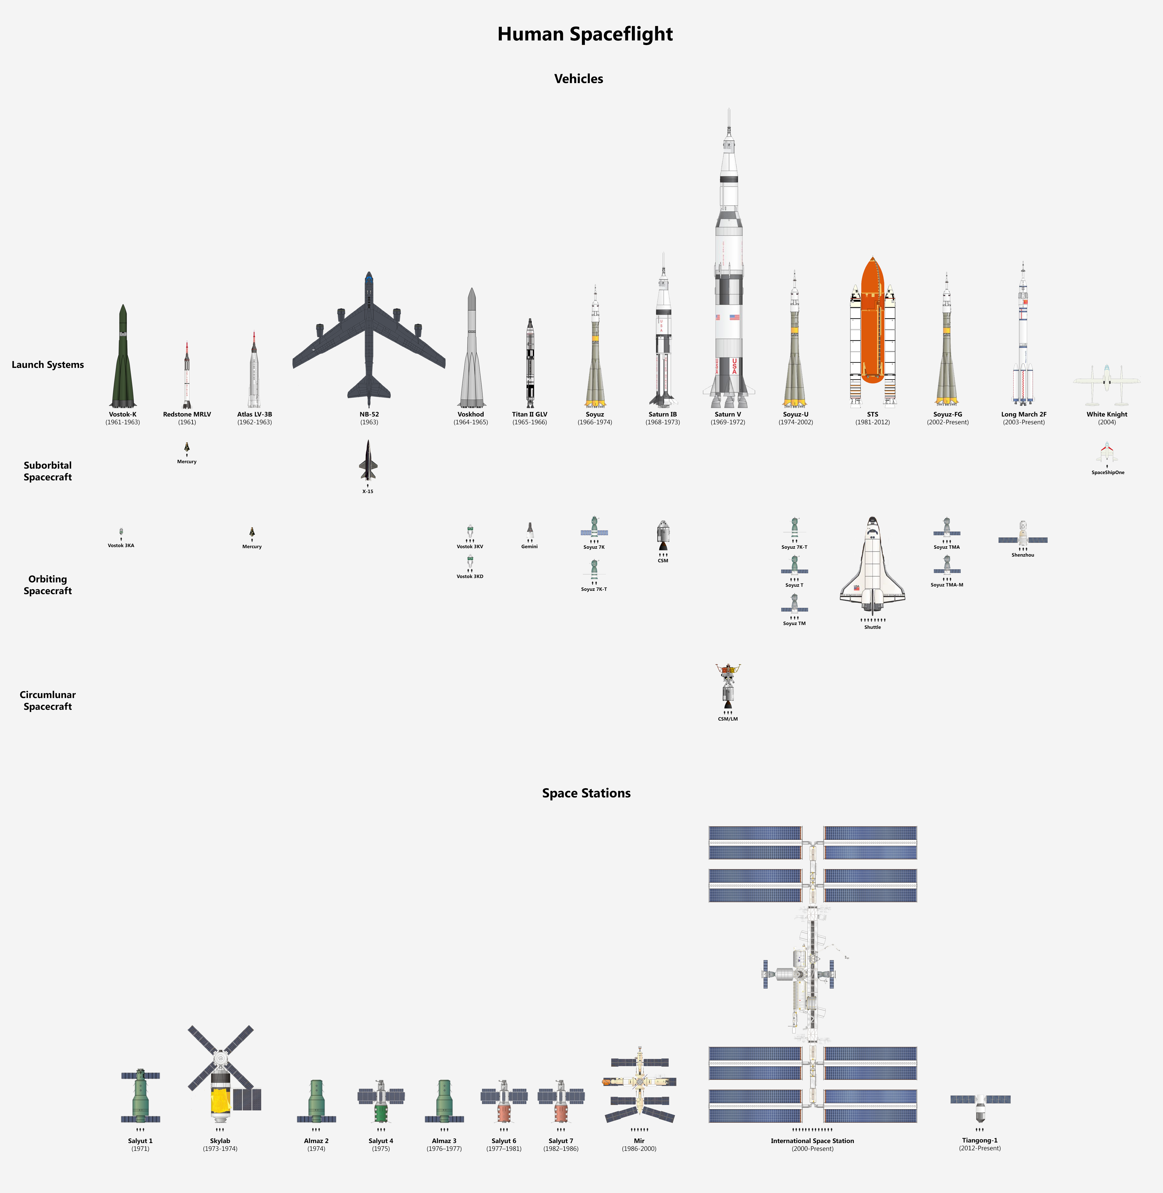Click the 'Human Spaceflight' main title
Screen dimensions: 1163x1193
[x=585, y=34]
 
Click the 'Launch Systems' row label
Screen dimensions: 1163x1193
[x=48, y=365]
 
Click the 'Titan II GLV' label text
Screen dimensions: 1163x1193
[x=530, y=414]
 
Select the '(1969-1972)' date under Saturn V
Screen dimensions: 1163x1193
[x=728, y=422]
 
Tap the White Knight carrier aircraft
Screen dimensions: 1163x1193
[x=1107, y=385]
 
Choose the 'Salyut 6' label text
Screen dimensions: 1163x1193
[x=504, y=1141]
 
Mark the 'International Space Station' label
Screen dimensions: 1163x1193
[x=812, y=1141]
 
